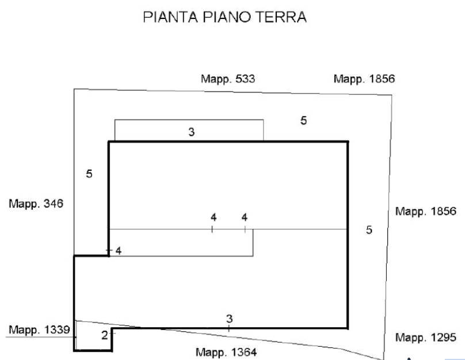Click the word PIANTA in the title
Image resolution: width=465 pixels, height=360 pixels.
170,17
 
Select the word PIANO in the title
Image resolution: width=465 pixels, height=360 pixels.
227,17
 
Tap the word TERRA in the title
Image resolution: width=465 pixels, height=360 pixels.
281,17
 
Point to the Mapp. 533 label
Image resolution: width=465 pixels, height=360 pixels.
228,79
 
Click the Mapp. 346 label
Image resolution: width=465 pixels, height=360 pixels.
36,204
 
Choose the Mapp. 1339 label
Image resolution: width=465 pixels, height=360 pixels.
40,330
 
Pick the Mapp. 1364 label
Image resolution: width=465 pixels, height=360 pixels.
226,353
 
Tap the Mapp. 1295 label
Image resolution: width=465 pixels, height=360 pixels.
425,338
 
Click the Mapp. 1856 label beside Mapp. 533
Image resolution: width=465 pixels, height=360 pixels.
364,79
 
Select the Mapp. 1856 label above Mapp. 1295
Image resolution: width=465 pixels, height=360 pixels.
425,212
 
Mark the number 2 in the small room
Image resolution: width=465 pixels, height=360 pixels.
104,335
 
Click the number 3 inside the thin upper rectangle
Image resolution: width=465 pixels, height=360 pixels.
192,132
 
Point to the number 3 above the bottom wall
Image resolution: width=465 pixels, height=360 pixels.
229,319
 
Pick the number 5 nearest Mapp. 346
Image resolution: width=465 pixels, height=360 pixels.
89,174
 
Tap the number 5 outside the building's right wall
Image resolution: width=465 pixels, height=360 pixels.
369,230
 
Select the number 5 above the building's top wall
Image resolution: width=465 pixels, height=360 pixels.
303,121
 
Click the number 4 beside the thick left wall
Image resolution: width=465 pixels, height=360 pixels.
119,251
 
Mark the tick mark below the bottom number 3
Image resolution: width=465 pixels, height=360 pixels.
229,328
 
